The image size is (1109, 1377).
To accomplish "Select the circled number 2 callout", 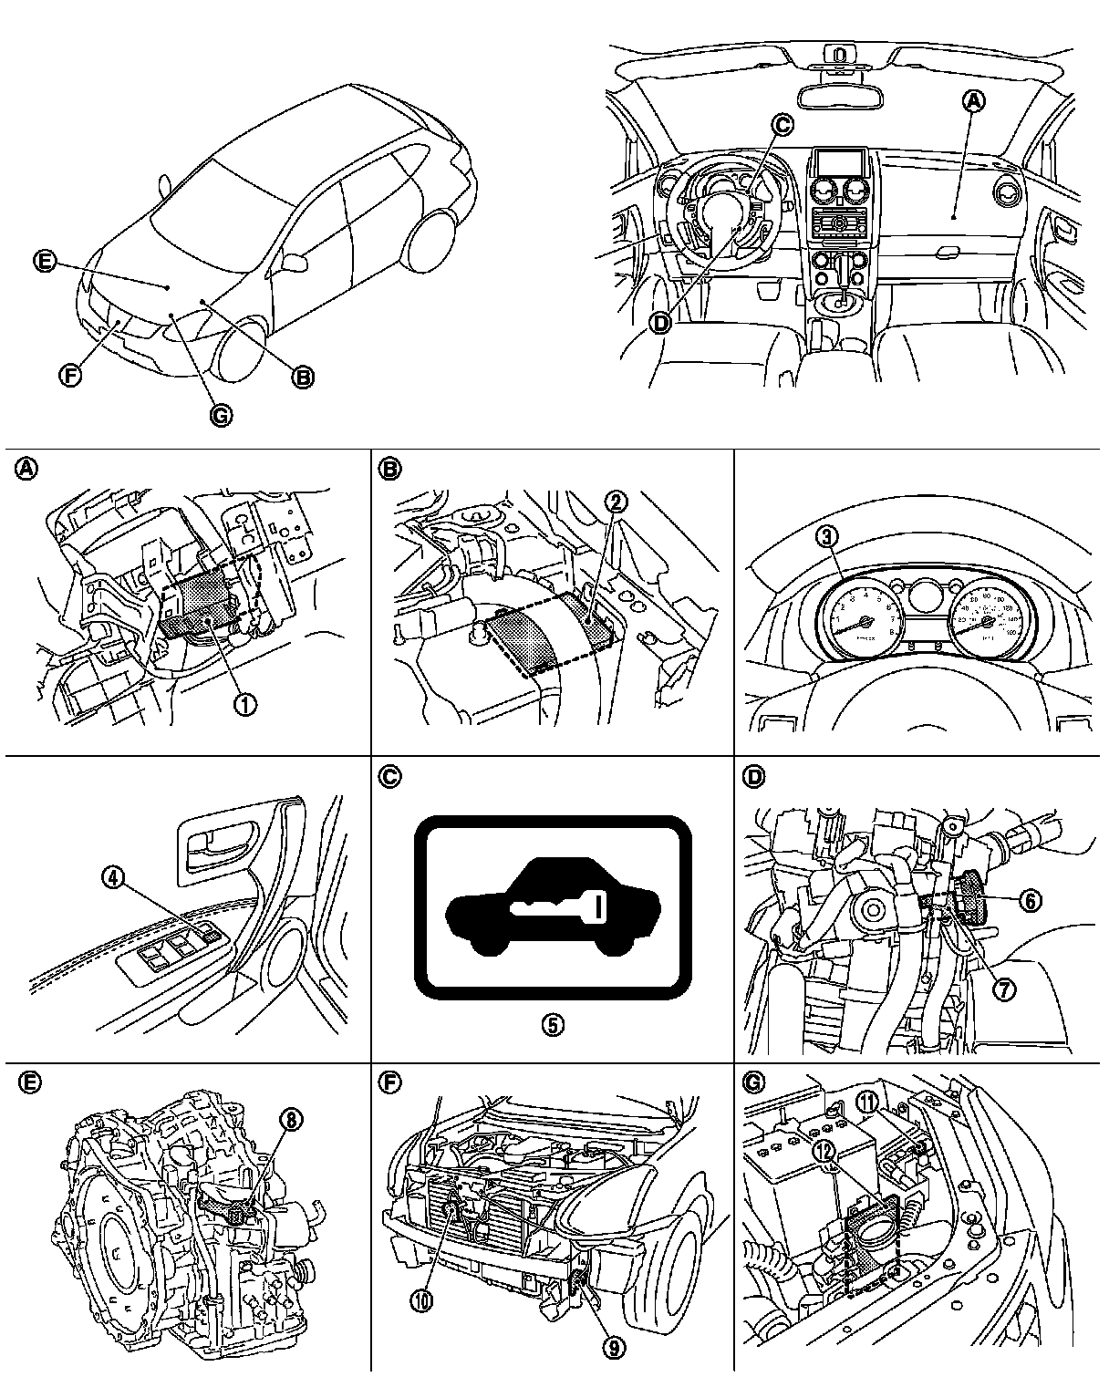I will coord(617,501).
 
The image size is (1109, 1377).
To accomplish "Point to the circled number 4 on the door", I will coord(111,877).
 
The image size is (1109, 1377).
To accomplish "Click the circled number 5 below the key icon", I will coord(552,1024).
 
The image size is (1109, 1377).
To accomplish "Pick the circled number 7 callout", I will coord(1003,989).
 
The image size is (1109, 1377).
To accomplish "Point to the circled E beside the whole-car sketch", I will coord(43,262).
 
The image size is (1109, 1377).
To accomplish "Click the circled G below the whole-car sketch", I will coord(220,416).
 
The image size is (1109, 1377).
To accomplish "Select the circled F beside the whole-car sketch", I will coord(69,374).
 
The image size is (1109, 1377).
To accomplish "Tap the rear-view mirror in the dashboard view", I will coord(837,95).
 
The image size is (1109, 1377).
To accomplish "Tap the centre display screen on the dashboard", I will coord(836,164).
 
